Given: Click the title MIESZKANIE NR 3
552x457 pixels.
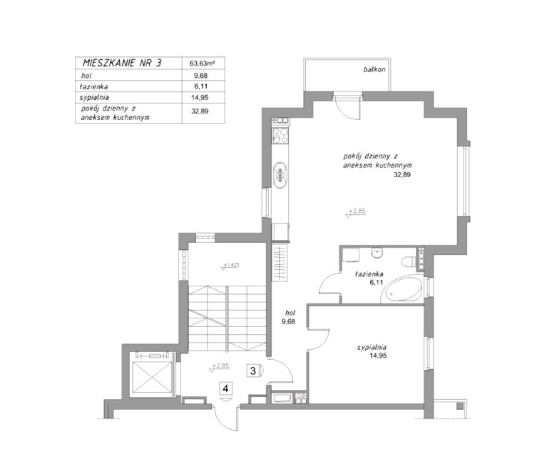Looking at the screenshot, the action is (122, 63).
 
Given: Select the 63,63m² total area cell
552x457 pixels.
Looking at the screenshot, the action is (203, 64).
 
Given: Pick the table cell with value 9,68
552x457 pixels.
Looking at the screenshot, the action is (199, 76).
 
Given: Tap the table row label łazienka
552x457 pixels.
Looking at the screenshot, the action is (93, 86).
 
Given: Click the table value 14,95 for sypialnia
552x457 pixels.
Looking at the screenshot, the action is (199, 98).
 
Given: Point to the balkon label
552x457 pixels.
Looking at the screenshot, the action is (374, 69).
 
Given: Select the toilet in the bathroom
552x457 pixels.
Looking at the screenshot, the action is (409, 262).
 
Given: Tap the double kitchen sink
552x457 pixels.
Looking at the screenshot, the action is (280, 175).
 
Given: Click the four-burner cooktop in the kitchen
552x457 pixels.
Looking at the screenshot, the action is (280, 135).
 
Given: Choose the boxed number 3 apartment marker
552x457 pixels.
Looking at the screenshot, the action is (253, 371).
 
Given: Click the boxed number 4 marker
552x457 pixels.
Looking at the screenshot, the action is (225, 388).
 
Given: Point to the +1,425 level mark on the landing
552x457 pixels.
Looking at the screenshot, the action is (230, 265).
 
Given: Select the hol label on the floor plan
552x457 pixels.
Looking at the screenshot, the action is (290, 313).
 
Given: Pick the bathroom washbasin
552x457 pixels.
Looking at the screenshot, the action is (377, 253).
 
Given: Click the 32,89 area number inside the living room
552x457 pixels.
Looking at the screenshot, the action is (402, 174).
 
